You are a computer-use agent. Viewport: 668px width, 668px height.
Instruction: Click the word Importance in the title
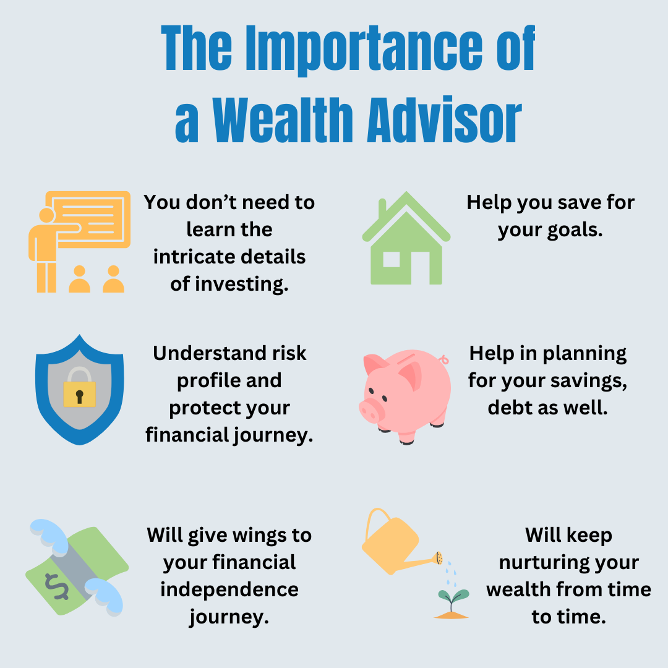[x=364, y=49]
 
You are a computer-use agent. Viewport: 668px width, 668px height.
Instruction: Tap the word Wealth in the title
[x=283, y=120]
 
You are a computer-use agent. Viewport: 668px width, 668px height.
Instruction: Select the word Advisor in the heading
[x=444, y=120]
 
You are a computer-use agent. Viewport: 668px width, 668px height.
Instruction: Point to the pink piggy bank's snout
[x=372, y=410]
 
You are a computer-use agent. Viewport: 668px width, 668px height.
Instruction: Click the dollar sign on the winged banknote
[x=57, y=586]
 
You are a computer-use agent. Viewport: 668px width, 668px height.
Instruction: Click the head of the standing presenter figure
[x=46, y=215]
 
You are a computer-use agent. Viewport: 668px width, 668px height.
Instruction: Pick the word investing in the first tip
[x=242, y=284]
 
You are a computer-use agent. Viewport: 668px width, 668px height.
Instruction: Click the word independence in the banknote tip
[x=229, y=590]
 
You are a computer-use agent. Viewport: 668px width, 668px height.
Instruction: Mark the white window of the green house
[x=391, y=259]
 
